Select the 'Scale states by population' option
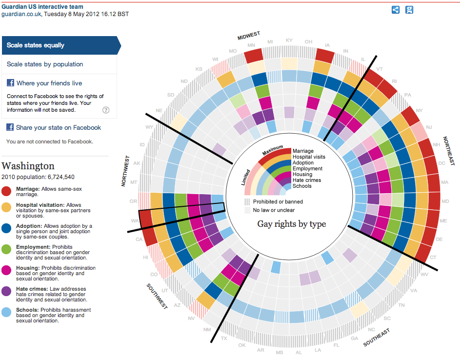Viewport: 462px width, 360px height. click(45, 64)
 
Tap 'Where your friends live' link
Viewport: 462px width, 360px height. click(49, 83)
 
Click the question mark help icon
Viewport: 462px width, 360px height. click(106, 110)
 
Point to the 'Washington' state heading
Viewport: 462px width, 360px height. click(28, 166)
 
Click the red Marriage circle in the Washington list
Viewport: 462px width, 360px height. click(7, 191)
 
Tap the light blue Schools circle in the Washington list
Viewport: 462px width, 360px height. click(7, 313)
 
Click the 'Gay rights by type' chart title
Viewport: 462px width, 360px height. click(291, 224)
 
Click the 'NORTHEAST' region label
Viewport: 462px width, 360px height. click(448, 151)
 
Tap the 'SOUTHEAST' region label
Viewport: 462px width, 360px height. click(377, 338)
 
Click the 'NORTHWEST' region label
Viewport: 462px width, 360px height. click(125, 171)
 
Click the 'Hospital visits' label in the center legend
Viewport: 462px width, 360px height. click(309, 157)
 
